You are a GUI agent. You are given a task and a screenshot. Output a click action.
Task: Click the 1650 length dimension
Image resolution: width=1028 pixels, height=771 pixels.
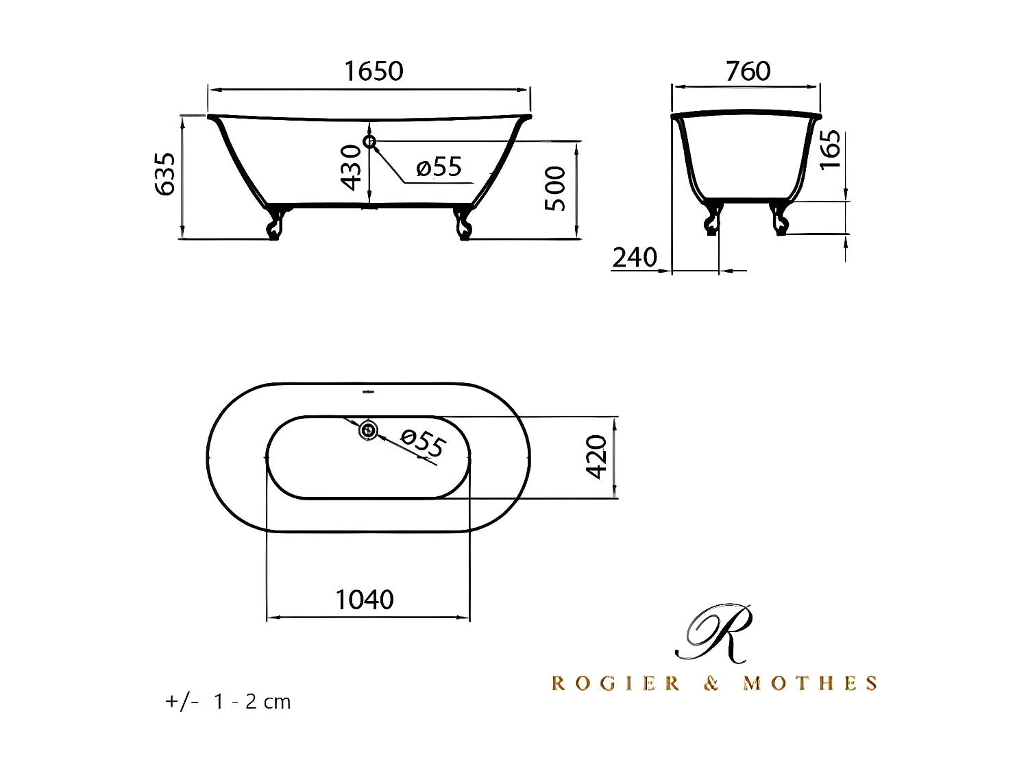click(374, 71)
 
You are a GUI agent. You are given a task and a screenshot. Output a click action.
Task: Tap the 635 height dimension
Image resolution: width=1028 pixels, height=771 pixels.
click(167, 174)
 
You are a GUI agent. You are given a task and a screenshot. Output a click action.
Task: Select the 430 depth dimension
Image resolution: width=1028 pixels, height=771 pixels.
click(351, 167)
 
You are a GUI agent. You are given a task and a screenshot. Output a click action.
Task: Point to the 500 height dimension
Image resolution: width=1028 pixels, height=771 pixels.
click(555, 188)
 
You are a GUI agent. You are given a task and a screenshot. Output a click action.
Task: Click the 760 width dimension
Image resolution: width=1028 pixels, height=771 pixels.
click(748, 71)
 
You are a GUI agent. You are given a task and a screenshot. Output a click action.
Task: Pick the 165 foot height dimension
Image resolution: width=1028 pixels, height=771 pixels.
click(830, 150)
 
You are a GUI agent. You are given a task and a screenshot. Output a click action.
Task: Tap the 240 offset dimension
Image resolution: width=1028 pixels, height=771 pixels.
click(635, 258)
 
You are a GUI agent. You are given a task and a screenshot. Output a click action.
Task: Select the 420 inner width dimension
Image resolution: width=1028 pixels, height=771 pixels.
click(596, 456)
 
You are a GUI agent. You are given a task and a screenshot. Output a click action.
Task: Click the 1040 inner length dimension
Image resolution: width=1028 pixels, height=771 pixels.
click(365, 600)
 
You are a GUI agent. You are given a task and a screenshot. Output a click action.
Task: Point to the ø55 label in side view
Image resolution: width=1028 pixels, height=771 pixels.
click(439, 167)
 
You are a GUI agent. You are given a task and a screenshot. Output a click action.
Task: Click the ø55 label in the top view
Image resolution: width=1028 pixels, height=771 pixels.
click(422, 443)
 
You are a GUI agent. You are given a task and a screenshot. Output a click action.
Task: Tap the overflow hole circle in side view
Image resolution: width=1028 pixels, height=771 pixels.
click(370, 142)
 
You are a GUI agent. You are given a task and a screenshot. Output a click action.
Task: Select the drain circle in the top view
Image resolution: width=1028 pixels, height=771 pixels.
click(368, 430)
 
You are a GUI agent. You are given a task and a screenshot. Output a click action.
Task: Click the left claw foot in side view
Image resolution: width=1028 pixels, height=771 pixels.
click(276, 223)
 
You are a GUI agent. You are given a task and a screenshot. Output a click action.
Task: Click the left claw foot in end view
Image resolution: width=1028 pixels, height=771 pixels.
click(713, 218)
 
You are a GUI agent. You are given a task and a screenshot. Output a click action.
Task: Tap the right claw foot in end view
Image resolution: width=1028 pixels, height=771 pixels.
click(779, 218)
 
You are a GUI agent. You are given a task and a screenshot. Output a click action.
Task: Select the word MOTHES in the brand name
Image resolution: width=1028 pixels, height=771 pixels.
click(810, 683)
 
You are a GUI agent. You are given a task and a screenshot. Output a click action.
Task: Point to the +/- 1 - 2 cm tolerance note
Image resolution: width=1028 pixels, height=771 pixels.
click(228, 702)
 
